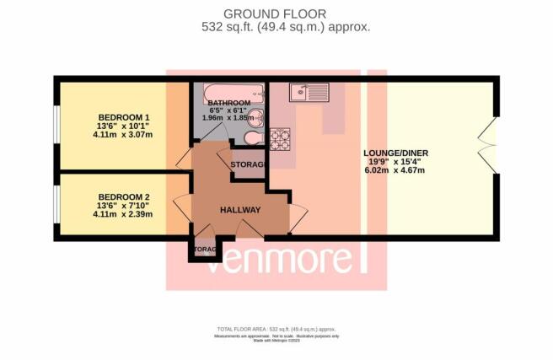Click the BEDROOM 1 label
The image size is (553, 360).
pos(123,117)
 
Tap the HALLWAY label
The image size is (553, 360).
pos(239,210)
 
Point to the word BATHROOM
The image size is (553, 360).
pos(229,103)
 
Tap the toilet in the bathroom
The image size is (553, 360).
pos(257,137)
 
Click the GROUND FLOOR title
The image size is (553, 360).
pos(275,13)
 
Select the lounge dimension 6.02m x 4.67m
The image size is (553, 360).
pos(400,171)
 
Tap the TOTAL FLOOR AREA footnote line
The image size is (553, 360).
pos(276,327)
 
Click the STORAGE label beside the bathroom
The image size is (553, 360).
pos(248,164)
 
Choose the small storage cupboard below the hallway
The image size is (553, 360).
pos(203,251)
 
